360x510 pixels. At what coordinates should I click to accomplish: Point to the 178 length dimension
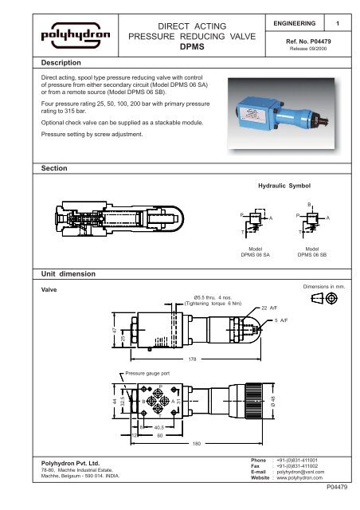click(x=191, y=360)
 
